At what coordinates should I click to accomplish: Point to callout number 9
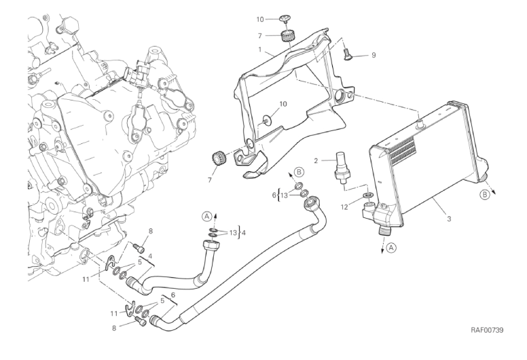(x=373, y=55)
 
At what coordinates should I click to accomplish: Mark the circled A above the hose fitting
(x=207, y=216)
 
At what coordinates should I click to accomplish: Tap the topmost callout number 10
(x=259, y=20)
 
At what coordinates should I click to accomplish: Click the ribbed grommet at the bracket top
(x=289, y=35)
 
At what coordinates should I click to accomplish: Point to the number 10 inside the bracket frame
(x=284, y=105)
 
